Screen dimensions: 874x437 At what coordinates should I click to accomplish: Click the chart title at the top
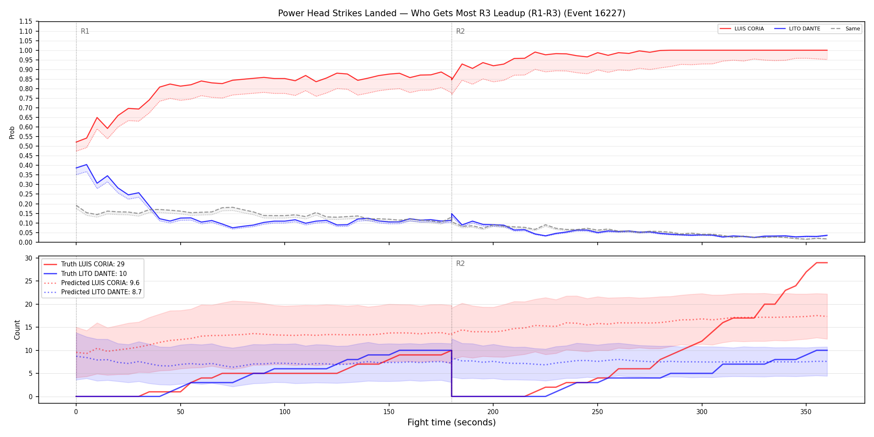tap(452, 13)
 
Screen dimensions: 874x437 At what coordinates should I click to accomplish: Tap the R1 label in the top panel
tap(85, 31)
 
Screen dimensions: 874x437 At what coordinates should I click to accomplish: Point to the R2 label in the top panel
tap(460, 31)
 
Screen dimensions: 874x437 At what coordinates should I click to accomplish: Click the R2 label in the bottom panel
tap(460, 263)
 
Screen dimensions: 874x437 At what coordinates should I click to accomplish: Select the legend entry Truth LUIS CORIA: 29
tap(93, 264)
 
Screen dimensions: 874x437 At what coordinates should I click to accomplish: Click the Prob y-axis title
tap(12, 132)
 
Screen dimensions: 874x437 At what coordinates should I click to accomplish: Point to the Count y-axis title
tap(17, 330)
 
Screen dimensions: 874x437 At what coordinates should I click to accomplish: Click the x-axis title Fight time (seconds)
tap(452, 422)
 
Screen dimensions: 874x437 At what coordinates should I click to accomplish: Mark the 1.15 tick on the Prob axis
tap(25, 22)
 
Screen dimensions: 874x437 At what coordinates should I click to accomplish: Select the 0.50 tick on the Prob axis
tap(25, 146)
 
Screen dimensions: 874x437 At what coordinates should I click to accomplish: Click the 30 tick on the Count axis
tap(28, 258)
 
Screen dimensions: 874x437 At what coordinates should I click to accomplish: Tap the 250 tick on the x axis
tap(598, 412)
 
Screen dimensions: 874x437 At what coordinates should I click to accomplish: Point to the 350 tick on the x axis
tap(806, 412)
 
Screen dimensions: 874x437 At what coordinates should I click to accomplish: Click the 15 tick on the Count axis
tap(28, 327)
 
